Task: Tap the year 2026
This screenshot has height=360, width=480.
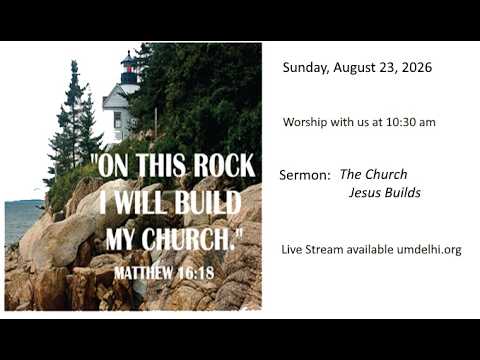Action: (417, 67)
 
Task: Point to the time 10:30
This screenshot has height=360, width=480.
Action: (400, 122)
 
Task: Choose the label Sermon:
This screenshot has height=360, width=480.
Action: (304, 175)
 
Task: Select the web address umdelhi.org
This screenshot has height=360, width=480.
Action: (429, 250)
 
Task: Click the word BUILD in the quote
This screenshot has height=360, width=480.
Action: (208, 203)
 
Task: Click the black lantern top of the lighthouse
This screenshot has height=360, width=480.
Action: (129, 69)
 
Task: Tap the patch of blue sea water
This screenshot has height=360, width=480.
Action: (22, 218)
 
